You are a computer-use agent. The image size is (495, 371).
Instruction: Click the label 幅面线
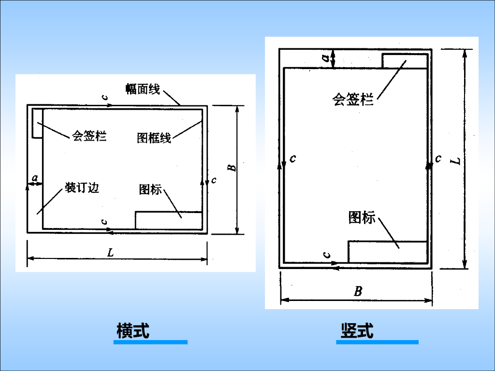pyautogui.click(x=143, y=89)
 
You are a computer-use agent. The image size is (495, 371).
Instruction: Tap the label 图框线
pyautogui.click(x=154, y=138)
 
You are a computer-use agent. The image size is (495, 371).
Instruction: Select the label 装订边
pyautogui.click(x=82, y=187)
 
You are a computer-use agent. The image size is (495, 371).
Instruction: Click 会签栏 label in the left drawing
pyautogui.click(x=89, y=136)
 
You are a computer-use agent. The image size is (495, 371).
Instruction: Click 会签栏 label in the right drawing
pyautogui.click(x=353, y=100)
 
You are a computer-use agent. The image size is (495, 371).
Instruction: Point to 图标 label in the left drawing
pyautogui.click(x=150, y=189)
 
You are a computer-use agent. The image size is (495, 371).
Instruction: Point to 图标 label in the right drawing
pyautogui.click(x=362, y=218)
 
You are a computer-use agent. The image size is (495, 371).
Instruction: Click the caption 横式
pyautogui.click(x=133, y=331)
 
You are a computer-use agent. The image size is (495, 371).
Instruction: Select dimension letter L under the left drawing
pyautogui.click(x=111, y=252)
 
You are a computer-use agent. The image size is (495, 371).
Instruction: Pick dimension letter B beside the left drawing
pyautogui.click(x=232, y=167)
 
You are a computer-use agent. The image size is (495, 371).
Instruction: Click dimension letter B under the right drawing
pyautogui.click(x=358, y=291)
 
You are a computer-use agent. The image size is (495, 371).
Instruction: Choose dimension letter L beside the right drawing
pyautogui.click(x=456, y=159)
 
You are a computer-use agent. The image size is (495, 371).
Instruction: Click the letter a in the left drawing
pyautogui.click(x=35, y=178)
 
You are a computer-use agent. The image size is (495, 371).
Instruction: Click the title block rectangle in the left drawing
pyautogui.click(x=168, y=220)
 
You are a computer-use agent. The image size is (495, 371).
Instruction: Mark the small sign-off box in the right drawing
pyautogui.click(x=405, y=61)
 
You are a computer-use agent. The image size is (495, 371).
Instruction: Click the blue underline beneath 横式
pyautogui.click(x=150, y=342)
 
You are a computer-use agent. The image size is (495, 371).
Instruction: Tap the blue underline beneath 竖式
pyautogui.click(x=377, y=342)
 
